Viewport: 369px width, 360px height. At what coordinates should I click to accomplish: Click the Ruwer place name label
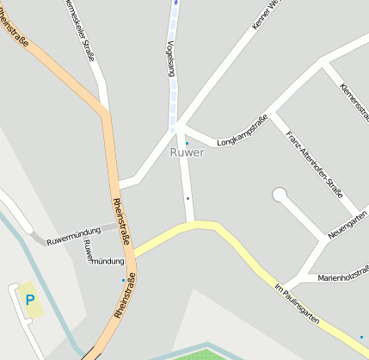tap(187, 153)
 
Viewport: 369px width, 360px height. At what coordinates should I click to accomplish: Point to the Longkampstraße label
tap(243, 129)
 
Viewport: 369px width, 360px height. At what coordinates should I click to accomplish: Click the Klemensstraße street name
tap(354, 100)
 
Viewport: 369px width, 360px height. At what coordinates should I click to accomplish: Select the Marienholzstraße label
tap(342, 277)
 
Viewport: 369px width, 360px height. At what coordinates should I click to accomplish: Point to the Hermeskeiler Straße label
tap(79, 31)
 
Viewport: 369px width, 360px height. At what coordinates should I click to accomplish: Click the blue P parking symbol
tap(30, 300)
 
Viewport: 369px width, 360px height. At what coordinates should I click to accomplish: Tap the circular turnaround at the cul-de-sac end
tap(280, 195)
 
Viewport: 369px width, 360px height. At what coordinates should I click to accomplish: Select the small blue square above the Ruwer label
tap(187, 143)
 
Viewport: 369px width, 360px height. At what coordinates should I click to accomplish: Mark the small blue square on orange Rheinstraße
tap(123, 280)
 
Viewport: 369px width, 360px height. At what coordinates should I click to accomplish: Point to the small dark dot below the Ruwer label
tap(188, 198)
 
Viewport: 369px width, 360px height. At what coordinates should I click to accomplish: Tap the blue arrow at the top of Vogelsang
tap(175, 3)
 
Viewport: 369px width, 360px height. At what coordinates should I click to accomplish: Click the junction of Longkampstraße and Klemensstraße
tap(323, 63)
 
